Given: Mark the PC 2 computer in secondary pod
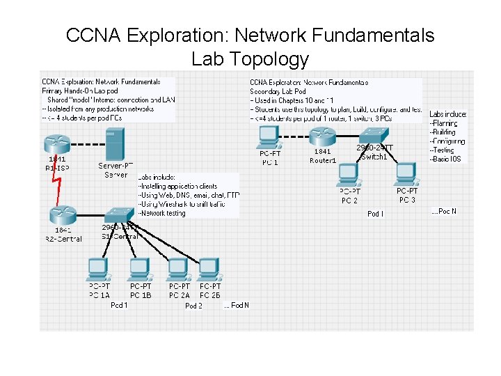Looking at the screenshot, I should [x=349, y=178].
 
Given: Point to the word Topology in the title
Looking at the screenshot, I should [x=250, y=59].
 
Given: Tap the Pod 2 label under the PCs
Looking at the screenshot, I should [x=193, y=306].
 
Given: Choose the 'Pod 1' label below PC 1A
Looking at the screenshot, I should [x=119, y=305].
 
